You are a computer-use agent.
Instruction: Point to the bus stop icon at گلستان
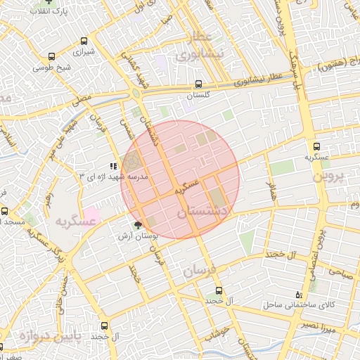point(200,83)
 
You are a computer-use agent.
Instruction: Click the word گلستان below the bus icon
point(200,94)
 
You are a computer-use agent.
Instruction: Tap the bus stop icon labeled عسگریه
point(316,147)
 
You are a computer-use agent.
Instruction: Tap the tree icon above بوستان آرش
point(138,225)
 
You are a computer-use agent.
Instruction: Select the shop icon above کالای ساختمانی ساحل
point(300,294)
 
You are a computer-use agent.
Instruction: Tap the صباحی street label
point(336,272)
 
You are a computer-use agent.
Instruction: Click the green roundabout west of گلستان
point(135,93)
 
